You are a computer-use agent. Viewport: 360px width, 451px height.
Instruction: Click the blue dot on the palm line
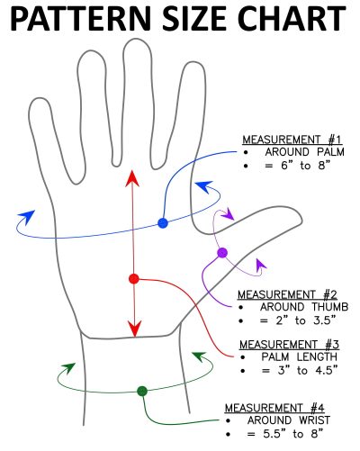(162, 222)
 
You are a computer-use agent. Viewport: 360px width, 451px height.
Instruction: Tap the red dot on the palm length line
(133, 278)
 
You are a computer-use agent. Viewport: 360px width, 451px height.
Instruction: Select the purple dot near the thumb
(222, 252)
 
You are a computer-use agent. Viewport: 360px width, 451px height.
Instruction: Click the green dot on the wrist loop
(142, 391)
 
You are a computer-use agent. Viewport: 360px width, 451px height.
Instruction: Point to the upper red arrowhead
(132, 177)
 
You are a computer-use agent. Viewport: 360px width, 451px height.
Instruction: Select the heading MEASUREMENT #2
(286, 294)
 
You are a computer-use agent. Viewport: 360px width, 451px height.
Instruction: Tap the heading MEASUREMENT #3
(286, 343)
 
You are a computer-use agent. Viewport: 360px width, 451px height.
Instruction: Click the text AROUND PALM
(293, 153)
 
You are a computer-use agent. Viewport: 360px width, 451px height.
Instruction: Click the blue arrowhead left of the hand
(26, 218)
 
